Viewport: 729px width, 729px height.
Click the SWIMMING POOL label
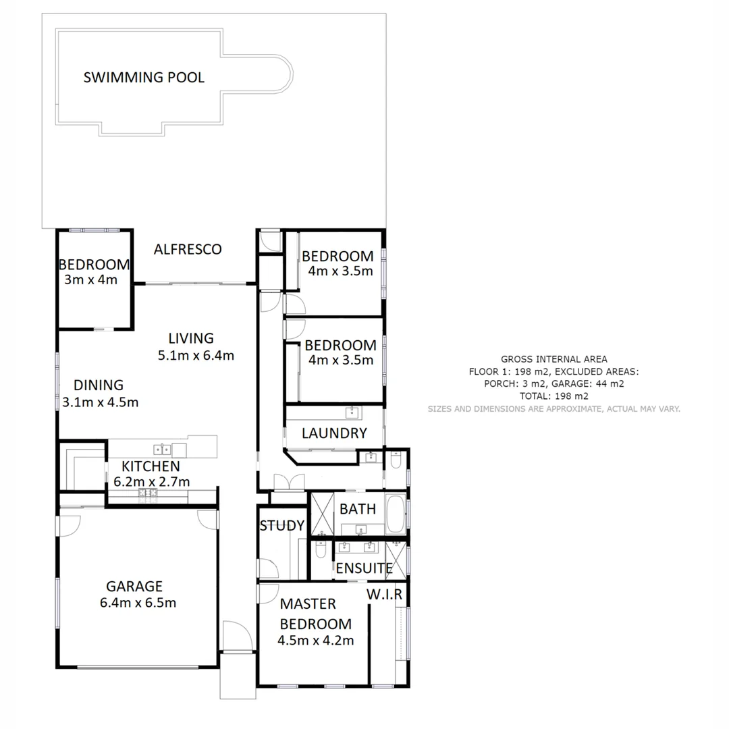point(143,78)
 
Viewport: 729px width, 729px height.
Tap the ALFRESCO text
point(188,250)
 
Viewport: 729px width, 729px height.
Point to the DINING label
point(99,385)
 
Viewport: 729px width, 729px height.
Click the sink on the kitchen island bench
point(161,448)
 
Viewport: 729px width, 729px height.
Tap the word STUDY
point(281,526)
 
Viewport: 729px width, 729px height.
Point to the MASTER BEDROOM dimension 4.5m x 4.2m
point(316,641)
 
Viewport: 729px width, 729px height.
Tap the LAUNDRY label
point(334,433)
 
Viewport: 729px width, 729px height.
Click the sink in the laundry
point(351,412)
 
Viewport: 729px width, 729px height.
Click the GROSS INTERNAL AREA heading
point(553,359)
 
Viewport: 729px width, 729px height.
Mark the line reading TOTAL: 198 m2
point(553,396)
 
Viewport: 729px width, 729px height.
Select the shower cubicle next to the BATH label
point(322,514)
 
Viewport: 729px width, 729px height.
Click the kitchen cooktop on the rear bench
point(148,493)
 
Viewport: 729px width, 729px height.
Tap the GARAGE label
point(134,586)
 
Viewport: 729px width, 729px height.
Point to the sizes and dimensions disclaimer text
point(553,409)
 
